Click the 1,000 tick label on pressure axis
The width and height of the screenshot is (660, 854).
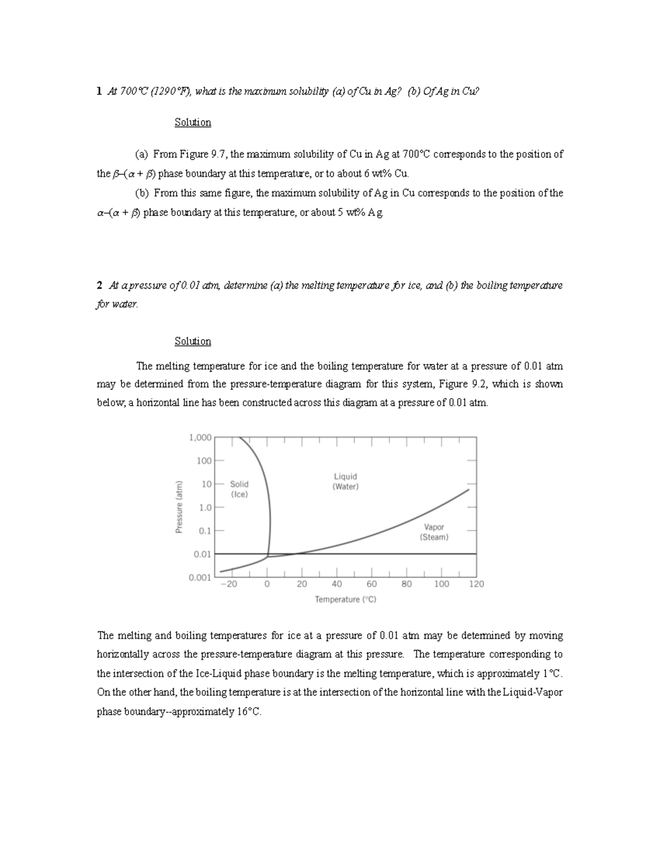click(x=200, y=438)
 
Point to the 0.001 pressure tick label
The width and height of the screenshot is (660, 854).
click(x=200, y=577)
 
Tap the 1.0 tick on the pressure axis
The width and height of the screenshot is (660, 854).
click(x=205, y=508)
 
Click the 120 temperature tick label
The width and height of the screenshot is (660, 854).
click(x=476, y=584)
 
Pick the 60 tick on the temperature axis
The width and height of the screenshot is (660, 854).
click(x=372, y=584)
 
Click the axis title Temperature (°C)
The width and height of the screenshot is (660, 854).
click(x=345, y=599)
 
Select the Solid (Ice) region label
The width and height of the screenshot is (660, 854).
click(x=239, y=489)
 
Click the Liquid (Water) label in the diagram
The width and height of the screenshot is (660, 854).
click(x=345, y=481)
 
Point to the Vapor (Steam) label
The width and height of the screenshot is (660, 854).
click(x=434, y=532)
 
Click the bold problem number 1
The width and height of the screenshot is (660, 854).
click(x=99, y=92)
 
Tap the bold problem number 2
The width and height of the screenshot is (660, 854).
click(x=99, y=285)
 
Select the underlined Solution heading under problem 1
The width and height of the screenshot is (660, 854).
click(x=193, y=122)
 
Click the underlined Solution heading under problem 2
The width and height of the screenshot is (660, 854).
click(x=193, y=341)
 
